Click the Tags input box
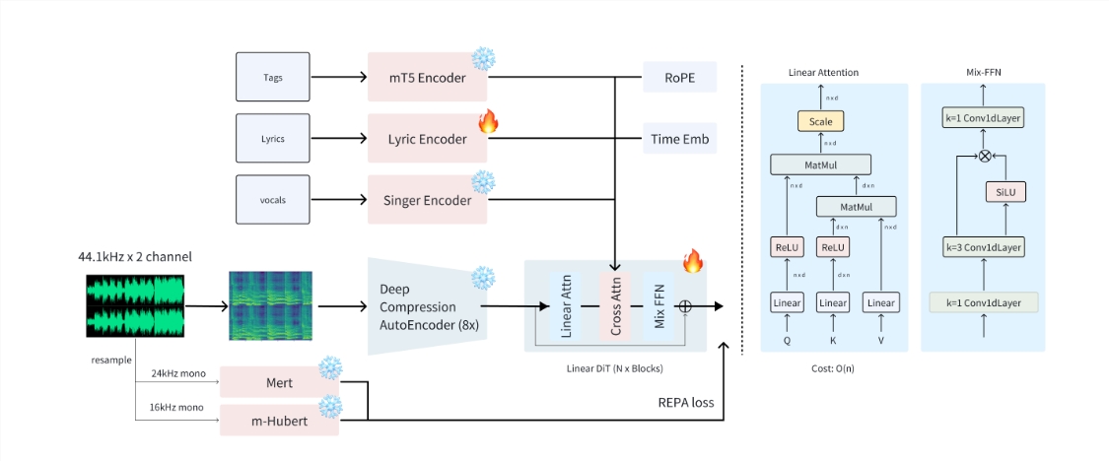pos(273,77)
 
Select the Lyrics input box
pos(273,139)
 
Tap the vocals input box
pos(273,200)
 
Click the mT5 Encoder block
pos(427,77)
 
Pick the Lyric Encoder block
pos(427,139)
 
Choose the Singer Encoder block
pos(427,200)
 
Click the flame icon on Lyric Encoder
pos(487,121)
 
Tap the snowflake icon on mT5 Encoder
pos(483,59)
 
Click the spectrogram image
pos(270,306)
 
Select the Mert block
pos(279,381)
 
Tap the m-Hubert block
pos(279,421)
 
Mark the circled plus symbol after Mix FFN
pos(685,306)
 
